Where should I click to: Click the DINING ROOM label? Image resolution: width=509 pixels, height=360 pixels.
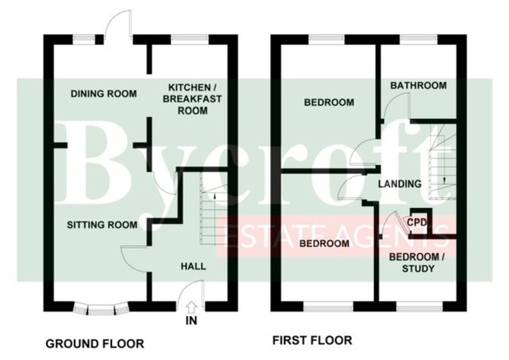(x=103, y=94)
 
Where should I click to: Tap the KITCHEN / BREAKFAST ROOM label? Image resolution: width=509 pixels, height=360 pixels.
(x=192, y=99)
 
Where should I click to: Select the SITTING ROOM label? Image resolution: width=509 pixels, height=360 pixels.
(x=102, y=225)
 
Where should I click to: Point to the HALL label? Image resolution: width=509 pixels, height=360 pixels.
(x=193, y=266)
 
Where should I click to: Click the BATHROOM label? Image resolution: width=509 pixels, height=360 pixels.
(x=418, y=85)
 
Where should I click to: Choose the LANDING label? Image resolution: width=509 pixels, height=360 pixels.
(x=400, y=184)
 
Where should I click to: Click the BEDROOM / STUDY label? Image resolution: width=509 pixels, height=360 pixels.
(x=417, y=263)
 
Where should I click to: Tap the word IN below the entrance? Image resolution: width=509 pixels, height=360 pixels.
(x=191, y=321)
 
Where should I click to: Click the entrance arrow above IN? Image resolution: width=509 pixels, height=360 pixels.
(x=192, y=307)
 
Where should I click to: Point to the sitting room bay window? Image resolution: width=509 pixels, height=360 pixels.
(x=101, y=309)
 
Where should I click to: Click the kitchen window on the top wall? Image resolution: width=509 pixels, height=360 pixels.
(x=190, y=39)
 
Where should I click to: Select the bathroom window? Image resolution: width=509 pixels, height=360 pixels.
(x=418, y=39)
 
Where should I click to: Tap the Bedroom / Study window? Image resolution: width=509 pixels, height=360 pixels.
(x=420, y=307)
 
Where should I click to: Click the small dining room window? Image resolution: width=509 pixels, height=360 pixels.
(x=84, y=39)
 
